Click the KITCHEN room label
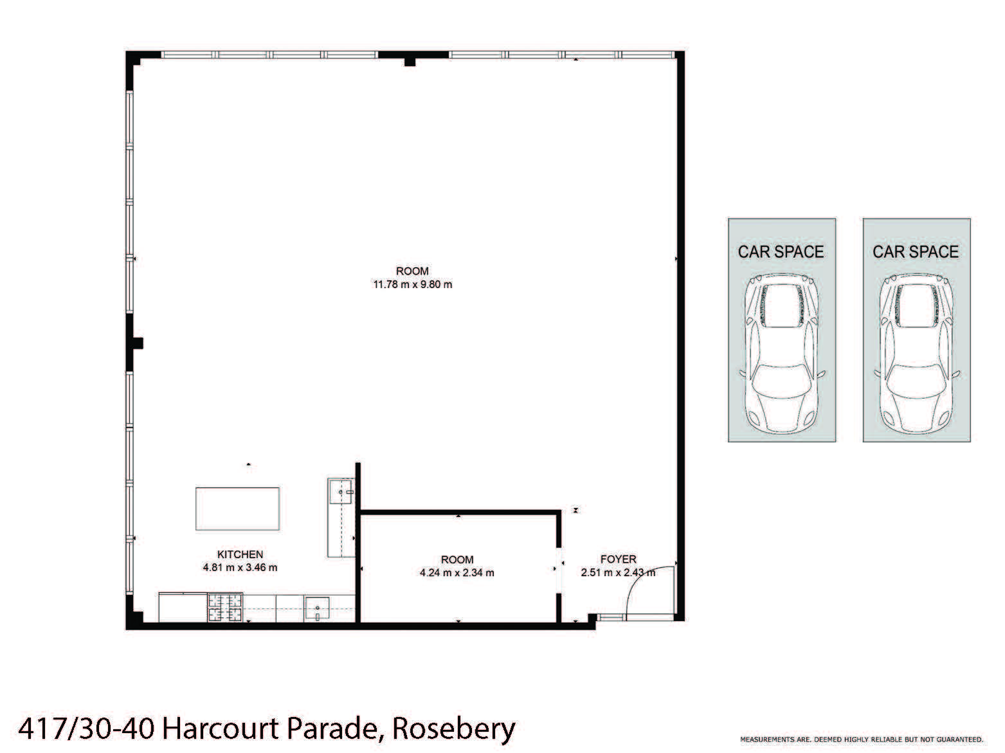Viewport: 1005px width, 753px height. (x=240, y=554)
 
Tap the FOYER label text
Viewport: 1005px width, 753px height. (x=618, y=559)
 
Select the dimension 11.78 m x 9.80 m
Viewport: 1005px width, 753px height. (x=412, y=284)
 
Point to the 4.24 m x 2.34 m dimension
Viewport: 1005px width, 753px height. (x=457, y=572)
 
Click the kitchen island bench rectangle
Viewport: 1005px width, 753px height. (x=237, y=508)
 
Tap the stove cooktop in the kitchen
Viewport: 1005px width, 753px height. (x=225, y=608)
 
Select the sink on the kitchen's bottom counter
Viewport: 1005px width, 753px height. (x=317, y=608)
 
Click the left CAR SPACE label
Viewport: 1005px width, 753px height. (x=781, y=251)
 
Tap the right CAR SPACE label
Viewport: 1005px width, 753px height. (x=916, y=251)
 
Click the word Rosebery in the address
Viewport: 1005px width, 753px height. (x=453, y=729)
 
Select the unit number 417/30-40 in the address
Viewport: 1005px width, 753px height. (x=87, y=729)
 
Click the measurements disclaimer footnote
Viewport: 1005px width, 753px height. (x=862, y=740)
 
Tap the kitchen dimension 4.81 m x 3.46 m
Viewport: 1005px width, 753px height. (x=240, y=567)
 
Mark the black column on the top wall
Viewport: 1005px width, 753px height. (x=408, y=58)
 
